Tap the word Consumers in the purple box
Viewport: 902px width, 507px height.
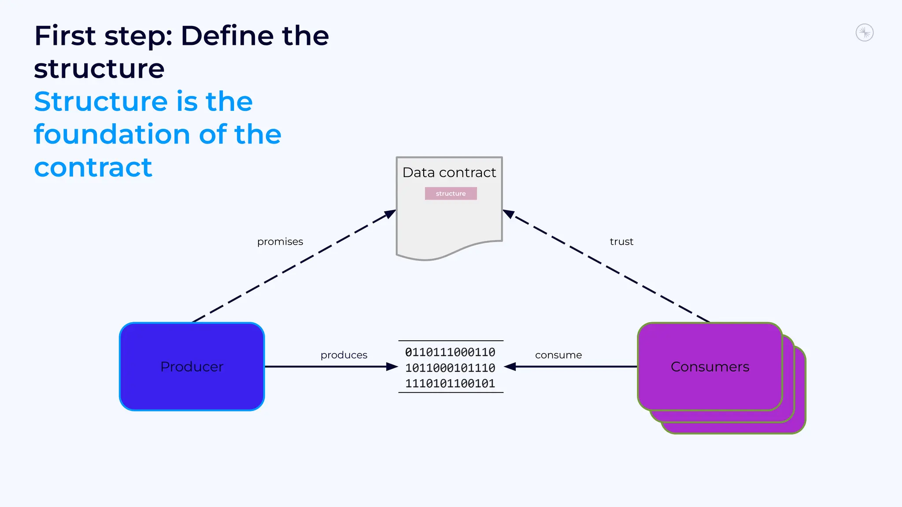(x=710, y=367)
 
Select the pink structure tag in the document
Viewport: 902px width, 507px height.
(x=451, y=194)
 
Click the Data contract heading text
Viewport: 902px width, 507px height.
(x=449, y=173)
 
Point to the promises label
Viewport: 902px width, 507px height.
(x=280, y=242)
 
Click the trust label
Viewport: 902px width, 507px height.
(x=621, y=242)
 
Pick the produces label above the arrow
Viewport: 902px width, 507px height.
(x=344, y=355)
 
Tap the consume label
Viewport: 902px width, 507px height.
(x=558, y=355)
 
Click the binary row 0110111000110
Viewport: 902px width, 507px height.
(x=450, y=352)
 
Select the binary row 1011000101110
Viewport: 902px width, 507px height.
(x=450, y=368)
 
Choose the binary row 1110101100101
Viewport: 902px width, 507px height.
(x=450, y=384)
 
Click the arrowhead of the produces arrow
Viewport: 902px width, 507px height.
(x=392, y=367)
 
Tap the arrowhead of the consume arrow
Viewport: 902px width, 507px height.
(x=510, y=367)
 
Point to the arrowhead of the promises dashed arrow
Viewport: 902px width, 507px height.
(x=390, y=214)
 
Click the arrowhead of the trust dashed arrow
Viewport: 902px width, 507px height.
(x=509, y=214)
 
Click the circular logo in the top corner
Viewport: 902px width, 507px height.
(x=864, y=33)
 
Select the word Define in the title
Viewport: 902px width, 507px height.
(x=227, y=36)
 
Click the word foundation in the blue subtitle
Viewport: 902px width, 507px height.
(x=113, y=134)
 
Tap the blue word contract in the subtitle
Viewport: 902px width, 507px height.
(x=93, y=167)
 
